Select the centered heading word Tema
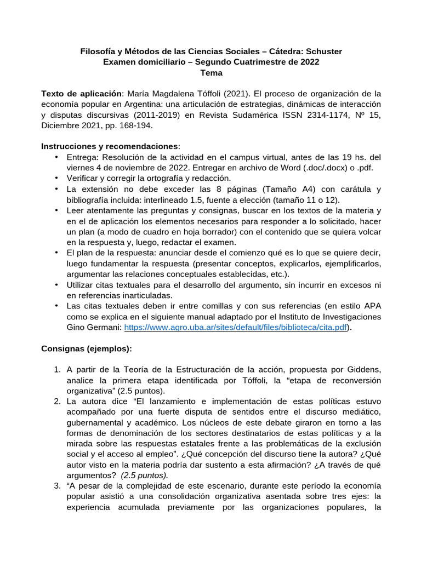211,72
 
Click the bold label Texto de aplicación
81,94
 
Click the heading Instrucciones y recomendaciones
110,147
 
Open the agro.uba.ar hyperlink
236,328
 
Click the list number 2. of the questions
58,401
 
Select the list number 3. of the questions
58,485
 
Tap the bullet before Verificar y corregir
57,178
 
